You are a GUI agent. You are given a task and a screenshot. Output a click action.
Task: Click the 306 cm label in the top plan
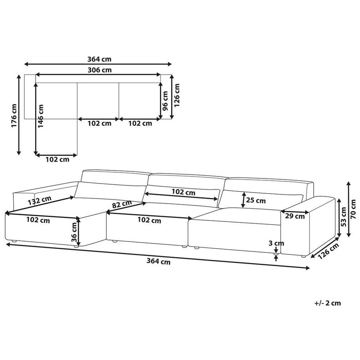[x=99, y=70]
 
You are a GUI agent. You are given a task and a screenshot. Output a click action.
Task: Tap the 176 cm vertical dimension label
[x=14, y=115]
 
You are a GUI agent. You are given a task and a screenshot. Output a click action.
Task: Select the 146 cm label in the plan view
[x=41, y=116]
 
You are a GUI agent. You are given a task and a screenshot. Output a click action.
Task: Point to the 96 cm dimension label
[x=165, y=101]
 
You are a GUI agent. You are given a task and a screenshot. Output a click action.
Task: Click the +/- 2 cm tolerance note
[x=328, y=303]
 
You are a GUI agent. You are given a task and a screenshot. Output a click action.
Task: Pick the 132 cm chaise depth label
[x=40, y=200]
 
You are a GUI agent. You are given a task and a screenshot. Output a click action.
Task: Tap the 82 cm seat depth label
[x=122, y=204]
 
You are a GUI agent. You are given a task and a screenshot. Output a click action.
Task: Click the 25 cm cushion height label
[x=256, y=200]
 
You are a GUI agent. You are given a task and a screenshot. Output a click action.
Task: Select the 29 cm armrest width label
[x=295, y=216]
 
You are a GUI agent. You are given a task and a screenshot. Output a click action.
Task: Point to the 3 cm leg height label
[x=276, y=243]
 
